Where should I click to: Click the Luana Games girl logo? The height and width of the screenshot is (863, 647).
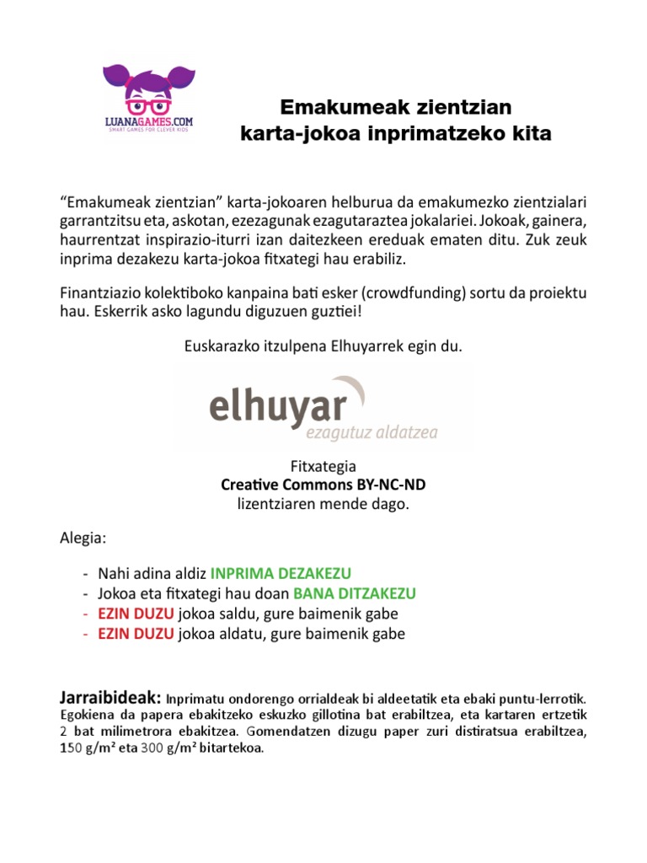[x=142, y=89]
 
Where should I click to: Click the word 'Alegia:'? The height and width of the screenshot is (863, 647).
[x=83, y=537]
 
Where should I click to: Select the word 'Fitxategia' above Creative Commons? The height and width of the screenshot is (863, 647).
[x=323, y=466]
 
